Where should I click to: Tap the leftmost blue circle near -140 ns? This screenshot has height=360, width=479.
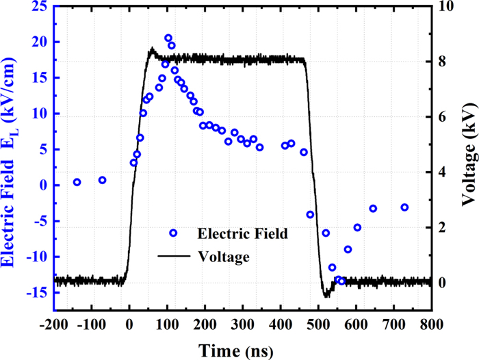(x=77, y=182)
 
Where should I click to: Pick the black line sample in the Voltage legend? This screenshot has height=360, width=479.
(x=172, y=257)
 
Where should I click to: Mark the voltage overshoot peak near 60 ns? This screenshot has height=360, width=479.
(x=152, y=49)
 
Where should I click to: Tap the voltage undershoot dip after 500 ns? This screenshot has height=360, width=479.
(x=326, y=296)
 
